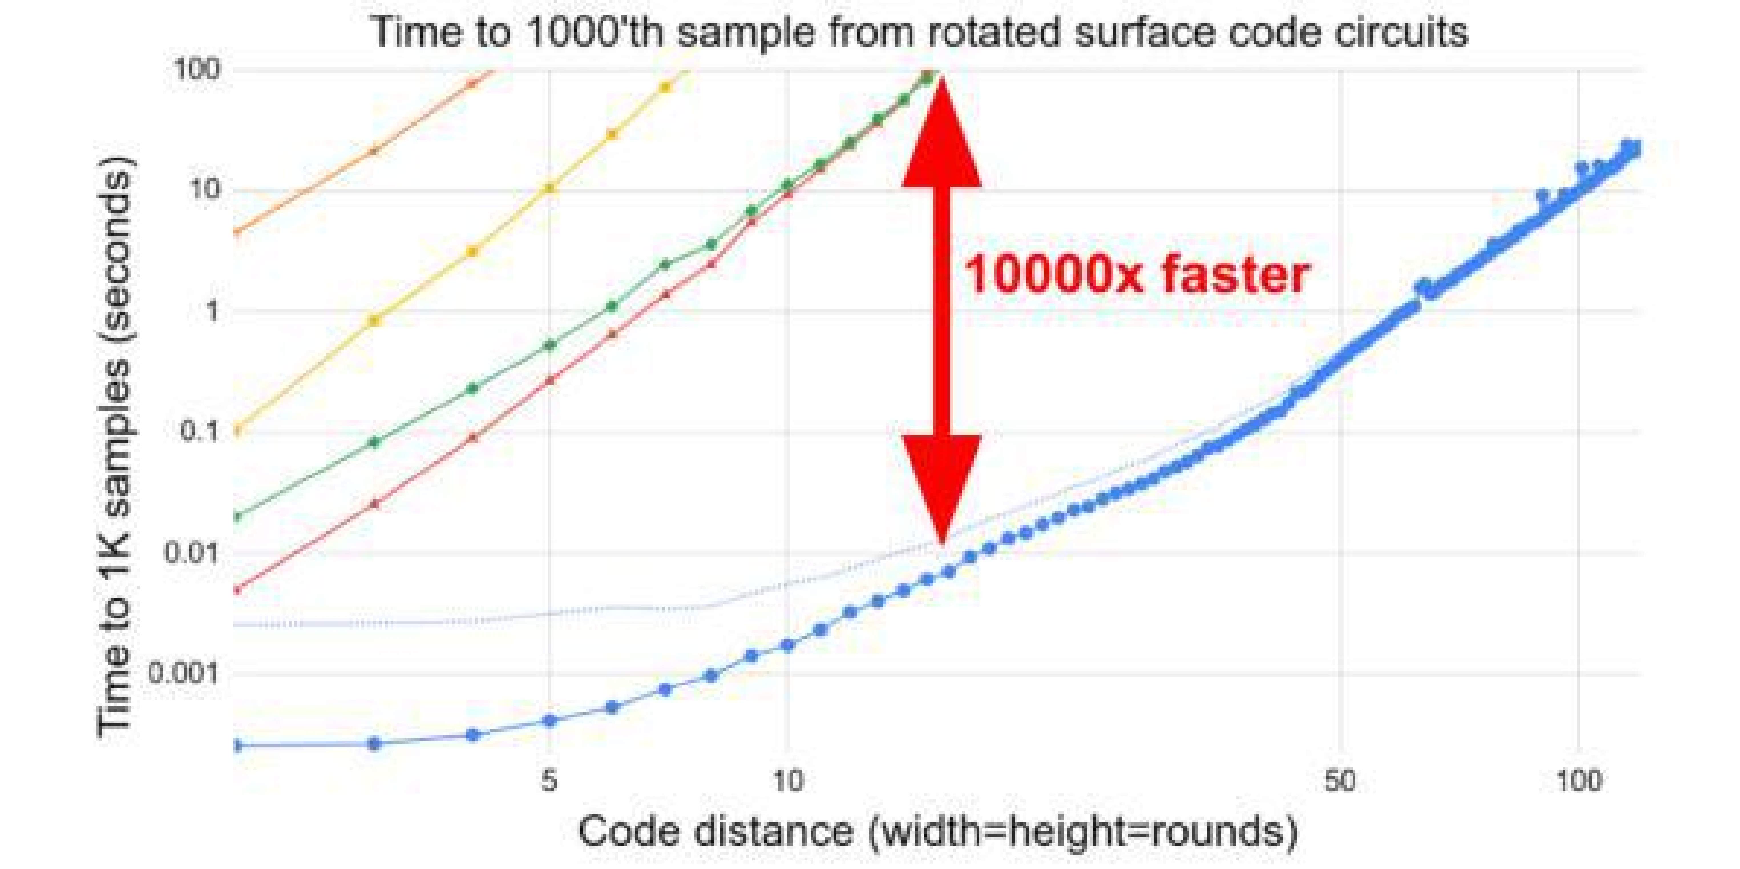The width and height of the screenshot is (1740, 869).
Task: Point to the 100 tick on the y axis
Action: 197,70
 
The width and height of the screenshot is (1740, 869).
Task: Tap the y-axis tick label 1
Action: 212,312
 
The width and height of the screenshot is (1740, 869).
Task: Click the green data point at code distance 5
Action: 550,345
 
